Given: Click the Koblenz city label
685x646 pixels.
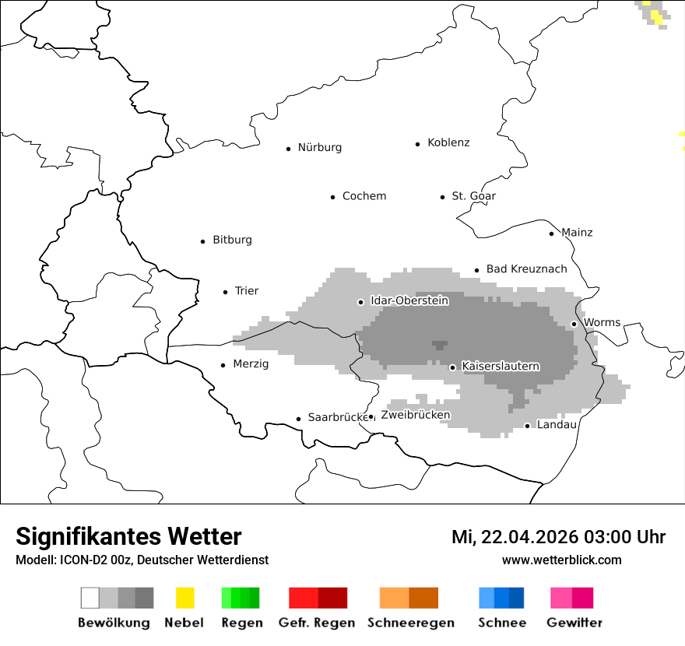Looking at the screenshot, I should pyautogui.click(x=448, y=143).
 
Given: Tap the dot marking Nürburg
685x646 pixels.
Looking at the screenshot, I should pyautogui.click(x=288, y=149).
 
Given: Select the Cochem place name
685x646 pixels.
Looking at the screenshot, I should pyautogui.click(x=364, y=196).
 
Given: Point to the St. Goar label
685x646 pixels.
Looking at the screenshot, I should pyautogui.click(x=473, y=196).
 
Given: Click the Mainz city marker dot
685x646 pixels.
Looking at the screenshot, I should pyautogui.click(x=551, y=233).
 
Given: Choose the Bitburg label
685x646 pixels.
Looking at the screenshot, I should pyautogui.click(x=232, y=240).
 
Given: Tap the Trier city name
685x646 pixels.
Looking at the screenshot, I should pyautogui.click(x=247, y=291).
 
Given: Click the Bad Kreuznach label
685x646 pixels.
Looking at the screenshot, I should pyautogui.click(x=526, y=269).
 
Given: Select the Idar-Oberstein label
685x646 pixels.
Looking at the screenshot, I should pyautogui.click(x=409, y=300).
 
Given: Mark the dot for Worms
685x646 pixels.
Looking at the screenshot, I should pyautogui.click(x=574, y=324).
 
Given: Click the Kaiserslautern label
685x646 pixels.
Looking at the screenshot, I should pyautogui.click(x=501, y=367).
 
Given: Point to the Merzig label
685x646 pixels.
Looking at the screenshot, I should pyautogui.click(x=251, y=364).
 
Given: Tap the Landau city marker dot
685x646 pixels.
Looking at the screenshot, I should pyautogui.click(x=527, y=426).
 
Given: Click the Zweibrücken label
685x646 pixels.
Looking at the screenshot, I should pyautogui.click(x=415, y=416).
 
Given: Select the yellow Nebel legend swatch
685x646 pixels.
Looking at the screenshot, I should pyautogui.click(x=184, y=598).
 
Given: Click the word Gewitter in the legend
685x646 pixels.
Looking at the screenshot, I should pyautogui.click(x=574, y=623).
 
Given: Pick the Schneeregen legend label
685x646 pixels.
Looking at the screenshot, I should pyautogui.click(x=411, y=623).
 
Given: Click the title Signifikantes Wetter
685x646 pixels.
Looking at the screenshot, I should pyautogui.click(x=128, y=536).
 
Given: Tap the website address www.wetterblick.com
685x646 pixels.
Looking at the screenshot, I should pyautogui.click(x=561, y=560).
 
